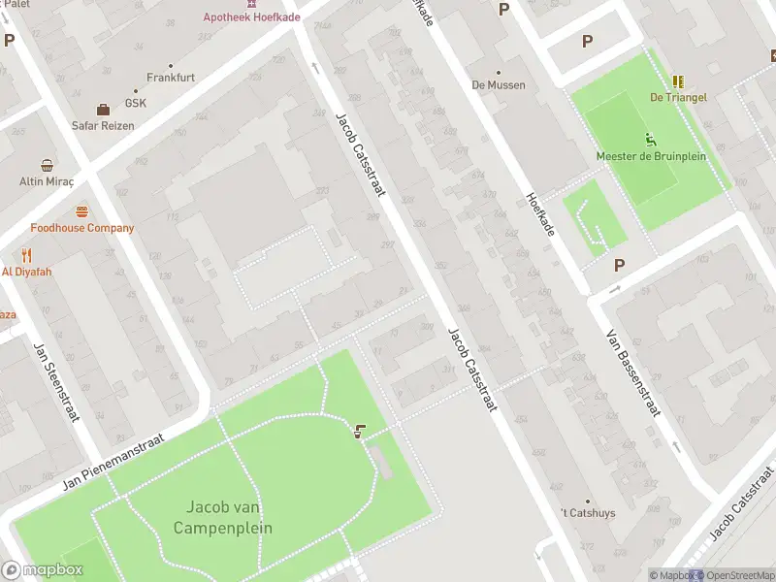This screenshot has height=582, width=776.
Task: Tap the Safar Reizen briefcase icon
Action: [103, 109]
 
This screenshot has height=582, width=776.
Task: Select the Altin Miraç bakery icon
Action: [47, 165]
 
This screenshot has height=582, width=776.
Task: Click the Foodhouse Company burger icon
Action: [82, 211]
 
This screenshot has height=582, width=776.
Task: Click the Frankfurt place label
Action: [172, 77]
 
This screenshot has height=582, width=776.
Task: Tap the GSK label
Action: [135, 104]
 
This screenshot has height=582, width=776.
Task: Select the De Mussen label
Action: [499, 84]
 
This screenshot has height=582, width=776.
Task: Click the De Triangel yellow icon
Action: [678, 81]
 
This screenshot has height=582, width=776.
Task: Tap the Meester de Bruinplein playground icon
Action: [651, 140]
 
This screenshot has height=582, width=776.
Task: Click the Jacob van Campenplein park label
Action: [223, 518]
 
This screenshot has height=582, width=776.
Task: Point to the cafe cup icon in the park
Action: [361, 432]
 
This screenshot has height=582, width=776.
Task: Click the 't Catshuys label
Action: [588, 513]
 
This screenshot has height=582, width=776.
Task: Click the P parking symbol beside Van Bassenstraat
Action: [618, 265]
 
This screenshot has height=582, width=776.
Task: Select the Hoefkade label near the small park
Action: [539, 213]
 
